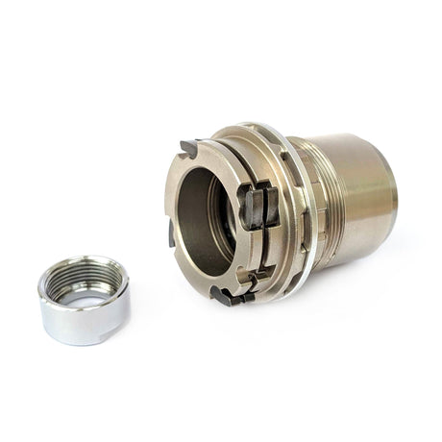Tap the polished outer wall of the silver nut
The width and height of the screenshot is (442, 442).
(x=81, y=322)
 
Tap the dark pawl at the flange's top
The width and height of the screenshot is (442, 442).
(x=188, y=149)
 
